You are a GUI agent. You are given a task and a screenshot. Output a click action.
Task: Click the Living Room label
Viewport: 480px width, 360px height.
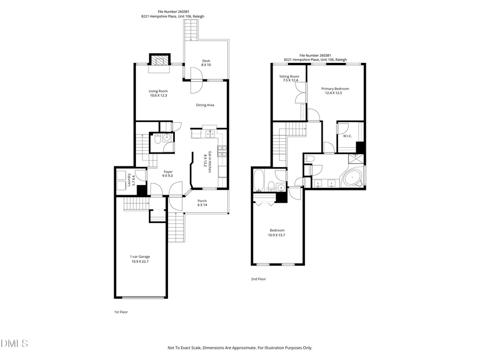pos(158,93)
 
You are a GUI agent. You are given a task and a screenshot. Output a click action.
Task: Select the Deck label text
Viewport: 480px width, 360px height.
pos(206,63)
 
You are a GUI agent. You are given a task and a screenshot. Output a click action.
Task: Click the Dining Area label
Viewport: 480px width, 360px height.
pos(205,105)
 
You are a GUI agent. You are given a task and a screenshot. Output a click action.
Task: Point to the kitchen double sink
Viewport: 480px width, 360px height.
pos(209,133)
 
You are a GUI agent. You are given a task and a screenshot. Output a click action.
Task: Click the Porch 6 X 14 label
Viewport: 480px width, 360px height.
pos(202,203)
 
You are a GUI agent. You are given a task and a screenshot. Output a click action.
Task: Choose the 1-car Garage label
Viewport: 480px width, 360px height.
pos(140,259)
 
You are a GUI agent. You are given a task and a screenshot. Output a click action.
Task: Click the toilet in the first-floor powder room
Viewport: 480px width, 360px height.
pos(157,140)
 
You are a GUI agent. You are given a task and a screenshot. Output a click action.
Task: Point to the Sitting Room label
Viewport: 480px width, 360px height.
pos(289,78)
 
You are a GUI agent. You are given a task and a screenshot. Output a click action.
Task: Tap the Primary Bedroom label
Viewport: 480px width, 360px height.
pos(335,91)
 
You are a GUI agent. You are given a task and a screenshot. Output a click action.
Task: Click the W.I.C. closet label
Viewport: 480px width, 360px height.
pos(347,136)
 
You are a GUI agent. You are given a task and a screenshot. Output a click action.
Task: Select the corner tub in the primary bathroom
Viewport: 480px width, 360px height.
pos(352,178)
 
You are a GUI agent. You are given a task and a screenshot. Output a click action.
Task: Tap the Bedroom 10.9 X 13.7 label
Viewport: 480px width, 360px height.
pos(277,233)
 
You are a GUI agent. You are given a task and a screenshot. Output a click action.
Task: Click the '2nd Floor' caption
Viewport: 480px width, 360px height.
pos(258,279)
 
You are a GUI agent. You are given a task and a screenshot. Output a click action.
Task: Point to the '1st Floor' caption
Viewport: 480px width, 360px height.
pos(121,312)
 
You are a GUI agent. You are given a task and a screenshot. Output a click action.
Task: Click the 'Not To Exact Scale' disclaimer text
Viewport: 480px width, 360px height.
pos(240,348)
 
